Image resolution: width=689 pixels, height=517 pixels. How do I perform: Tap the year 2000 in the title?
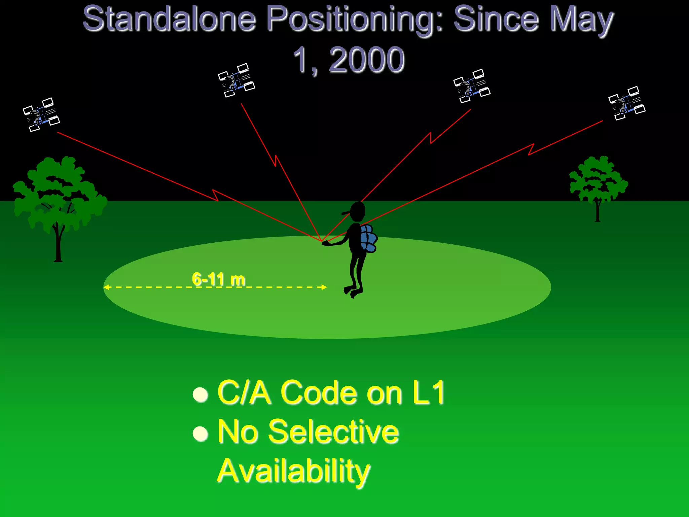(x=366, y=60)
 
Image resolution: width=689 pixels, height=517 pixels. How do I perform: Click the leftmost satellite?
(x=41, y=115)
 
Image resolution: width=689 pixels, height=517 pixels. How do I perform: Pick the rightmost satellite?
(x=627, y=103)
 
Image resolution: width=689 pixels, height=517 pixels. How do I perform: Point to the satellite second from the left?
(x=237, y=80)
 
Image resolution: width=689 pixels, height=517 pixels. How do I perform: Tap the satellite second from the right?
(x=472, y=86)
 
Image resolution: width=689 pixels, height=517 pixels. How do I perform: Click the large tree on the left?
(x=59, y=199)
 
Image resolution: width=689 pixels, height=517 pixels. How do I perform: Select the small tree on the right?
(x=598, y=183)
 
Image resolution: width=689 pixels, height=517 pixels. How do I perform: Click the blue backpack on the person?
(x=368, y=238)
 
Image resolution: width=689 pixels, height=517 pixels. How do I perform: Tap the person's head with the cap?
(x=357, y=211)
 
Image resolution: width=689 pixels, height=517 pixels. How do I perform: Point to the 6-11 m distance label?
(x=219, y=279)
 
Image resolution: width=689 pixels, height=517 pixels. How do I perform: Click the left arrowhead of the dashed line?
(x=106, y=287)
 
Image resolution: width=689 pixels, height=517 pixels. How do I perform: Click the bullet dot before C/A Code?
(x=201, y=394)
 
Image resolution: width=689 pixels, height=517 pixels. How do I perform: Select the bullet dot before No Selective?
(x=201, y=434)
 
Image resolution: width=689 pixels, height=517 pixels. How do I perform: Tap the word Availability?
(x=293, y=471)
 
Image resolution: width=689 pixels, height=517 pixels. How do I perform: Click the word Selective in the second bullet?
(x=333, y=432)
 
